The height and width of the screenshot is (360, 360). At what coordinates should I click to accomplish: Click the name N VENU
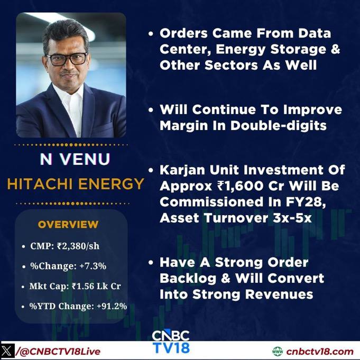click(x=75, y=159)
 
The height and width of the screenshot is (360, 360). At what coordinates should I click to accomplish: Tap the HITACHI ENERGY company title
click(x=76, y=184)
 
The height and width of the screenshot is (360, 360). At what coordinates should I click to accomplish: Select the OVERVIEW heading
click(x=68, y=225)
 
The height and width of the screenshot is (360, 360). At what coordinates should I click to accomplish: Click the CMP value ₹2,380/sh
click(x=78, y=246)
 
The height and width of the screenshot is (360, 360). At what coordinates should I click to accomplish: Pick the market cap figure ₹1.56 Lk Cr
click(x=96, y=286)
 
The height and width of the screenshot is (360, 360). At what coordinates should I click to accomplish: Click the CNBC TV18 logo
click(x=171, y=342)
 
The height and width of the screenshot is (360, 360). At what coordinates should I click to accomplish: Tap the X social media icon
click(x=7, y=351)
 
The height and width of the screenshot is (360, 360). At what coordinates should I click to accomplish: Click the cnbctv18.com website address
click(x=320, y=352)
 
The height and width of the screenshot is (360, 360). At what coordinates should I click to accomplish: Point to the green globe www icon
click(x=278, y=352)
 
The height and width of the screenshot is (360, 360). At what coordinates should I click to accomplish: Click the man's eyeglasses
click(x=67, y=59)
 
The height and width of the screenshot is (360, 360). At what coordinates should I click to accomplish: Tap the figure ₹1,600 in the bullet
click(x=240, y=186)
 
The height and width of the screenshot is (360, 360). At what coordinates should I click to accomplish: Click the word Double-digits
click(x=279, y=126)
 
